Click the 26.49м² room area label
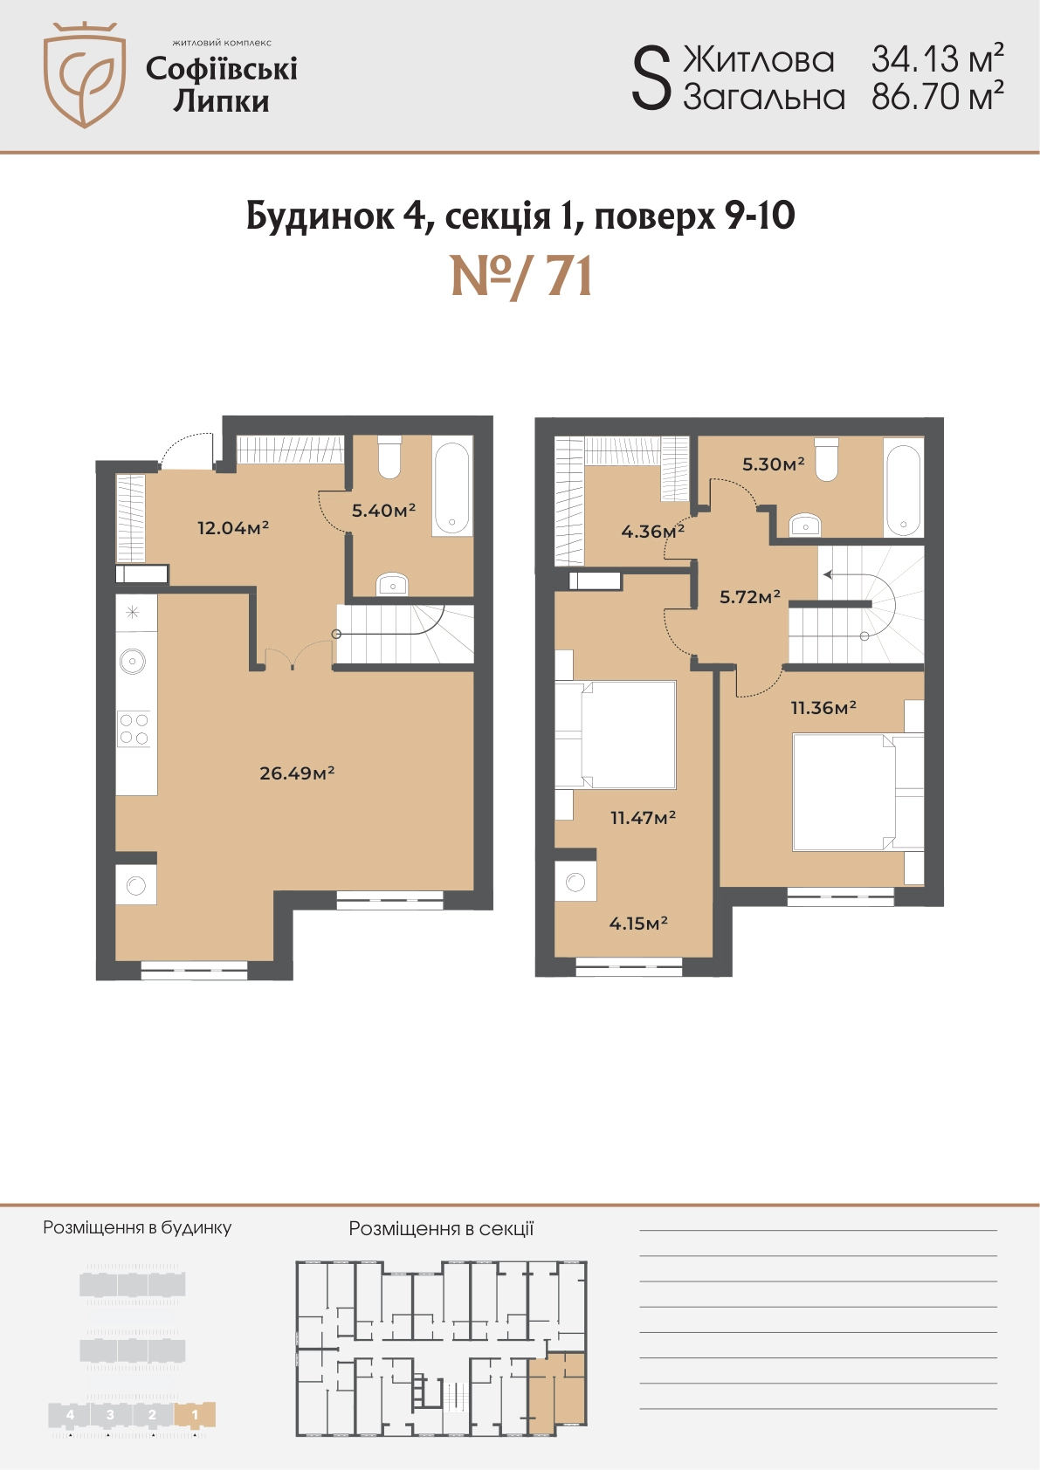(297, 773)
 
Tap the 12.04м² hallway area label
(233, 527)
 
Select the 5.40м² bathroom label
(383, 511)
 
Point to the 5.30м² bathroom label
(774, 464)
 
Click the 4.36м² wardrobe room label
(652, 531)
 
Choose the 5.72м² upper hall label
(750, 597)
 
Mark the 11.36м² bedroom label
(823, 707)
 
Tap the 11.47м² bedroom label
(644, 818)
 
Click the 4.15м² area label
(638, 924)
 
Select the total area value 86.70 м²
(938, 97)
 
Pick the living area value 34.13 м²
(938, 59)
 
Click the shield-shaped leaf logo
(85, 74)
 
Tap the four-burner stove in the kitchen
(134, 729)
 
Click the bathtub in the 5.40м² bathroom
(451, 486)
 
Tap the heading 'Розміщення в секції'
(441, 1228)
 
